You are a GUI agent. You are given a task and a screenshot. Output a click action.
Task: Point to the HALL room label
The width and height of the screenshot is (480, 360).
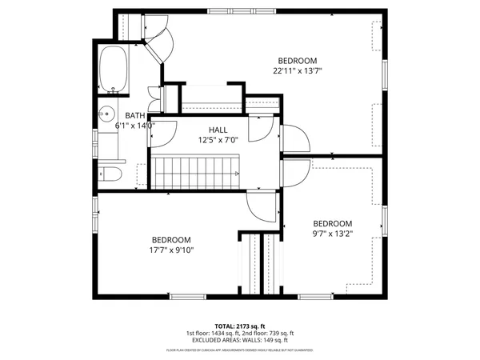(x=218, y=130)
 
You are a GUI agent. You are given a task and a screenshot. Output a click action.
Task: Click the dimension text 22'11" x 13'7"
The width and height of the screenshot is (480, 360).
(x=298, y=70)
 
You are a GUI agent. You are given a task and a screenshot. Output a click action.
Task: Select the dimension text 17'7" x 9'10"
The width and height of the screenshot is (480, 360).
(x=172, y=250)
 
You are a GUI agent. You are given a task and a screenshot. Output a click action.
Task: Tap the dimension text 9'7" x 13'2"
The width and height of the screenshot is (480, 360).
(x=332, y=234)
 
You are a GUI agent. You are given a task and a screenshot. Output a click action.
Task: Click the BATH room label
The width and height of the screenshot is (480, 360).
(x=135, y=116)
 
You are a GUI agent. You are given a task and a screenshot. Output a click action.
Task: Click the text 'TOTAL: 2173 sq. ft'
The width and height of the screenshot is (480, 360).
(x=240, y=326)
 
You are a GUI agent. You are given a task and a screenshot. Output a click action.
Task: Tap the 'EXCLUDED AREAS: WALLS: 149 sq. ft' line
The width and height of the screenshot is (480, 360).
(x=240, y=340)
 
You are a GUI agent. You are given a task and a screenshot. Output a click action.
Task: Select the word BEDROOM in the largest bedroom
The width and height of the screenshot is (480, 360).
(x=298, y=61)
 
